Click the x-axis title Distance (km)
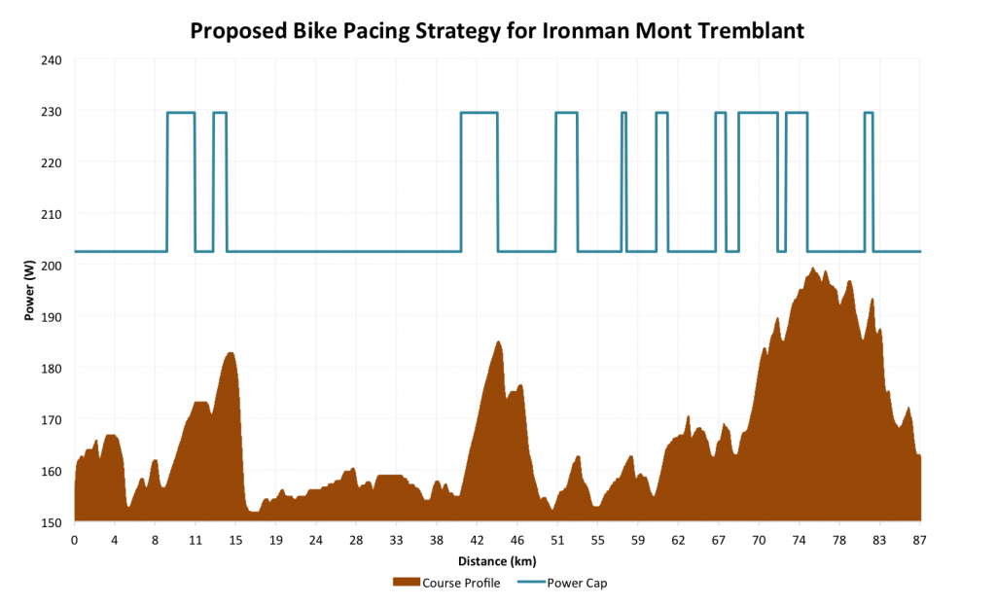(497, 561)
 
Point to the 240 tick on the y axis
(51, 60)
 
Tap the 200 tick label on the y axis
(51, 266)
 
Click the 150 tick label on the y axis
(51, 522)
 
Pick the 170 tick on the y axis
(51, 420)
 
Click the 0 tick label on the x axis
(75, 539)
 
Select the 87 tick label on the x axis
(919, 539)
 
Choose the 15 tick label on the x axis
(235, 539)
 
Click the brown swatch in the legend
(406, 583)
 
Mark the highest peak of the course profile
(812, 268)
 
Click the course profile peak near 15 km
(231, 352)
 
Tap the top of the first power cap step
(181, 113)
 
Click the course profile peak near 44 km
(498, 341)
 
